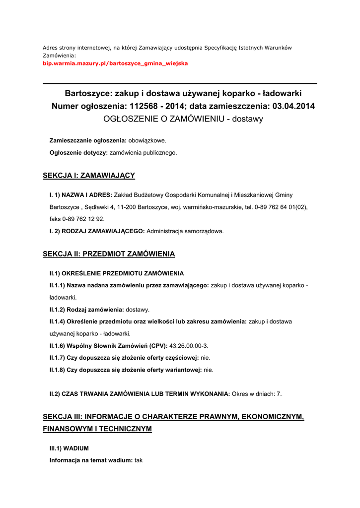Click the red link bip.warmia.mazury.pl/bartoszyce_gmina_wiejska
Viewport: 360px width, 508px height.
(x=115, y=63)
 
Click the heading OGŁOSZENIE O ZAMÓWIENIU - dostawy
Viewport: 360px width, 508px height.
(x=183, y=119)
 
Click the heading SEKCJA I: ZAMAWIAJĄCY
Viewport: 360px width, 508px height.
(x=89, y=176)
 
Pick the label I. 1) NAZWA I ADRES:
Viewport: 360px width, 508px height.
(x=80, y=195)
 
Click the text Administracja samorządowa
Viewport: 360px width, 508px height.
(x=185, y=231)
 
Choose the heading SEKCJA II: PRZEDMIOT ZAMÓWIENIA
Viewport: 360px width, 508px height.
(x=109, y=254)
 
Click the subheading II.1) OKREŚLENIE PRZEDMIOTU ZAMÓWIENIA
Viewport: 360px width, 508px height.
(x=117, y=273)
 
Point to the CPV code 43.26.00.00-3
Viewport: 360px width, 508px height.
(x=189, y=345)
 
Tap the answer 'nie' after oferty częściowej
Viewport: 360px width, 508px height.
(x=205, y=357)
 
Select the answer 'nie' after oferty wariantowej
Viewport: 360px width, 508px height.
(x=209, y=370)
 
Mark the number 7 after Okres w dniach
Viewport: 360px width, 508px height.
(x=279, y=394)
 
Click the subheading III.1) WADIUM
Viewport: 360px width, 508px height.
(x=69, y=448)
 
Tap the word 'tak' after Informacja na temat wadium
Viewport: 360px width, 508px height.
(x=139, y=460)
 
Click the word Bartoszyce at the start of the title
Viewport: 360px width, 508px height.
(x=85, y=93)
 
